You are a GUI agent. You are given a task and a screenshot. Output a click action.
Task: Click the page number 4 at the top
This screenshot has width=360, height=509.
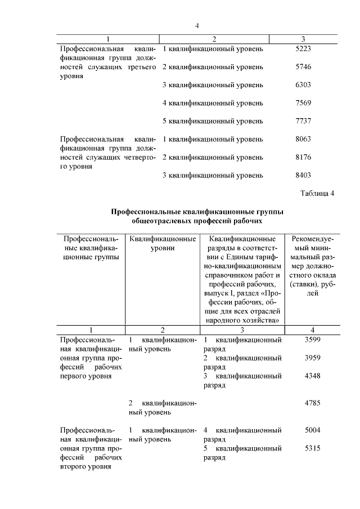[197, 25]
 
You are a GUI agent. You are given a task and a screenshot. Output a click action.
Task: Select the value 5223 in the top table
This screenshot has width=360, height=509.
[303, 49]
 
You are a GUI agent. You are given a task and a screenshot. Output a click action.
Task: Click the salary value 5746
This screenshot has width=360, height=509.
[303, 67]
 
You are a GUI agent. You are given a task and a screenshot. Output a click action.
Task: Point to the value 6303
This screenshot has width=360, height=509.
[303, 85]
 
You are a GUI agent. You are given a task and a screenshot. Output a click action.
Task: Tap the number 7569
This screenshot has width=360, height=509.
[303, 103]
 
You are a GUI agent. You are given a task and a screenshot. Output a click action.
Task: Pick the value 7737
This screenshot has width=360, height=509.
[303, 121]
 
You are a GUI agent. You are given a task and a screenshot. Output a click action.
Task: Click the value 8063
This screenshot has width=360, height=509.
[303, 139]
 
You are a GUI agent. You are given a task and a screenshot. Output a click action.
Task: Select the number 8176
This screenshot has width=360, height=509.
[303, 157]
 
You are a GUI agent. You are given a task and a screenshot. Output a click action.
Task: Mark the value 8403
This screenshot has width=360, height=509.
[303, 175]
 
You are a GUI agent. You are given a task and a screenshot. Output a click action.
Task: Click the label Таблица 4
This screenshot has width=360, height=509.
[318, 193]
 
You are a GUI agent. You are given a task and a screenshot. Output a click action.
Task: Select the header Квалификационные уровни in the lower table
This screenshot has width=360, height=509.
[163, 243]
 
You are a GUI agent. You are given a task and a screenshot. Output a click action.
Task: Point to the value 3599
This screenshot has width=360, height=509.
[313, 340]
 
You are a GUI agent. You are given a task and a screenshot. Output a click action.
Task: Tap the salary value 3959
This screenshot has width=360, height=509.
[313, 358]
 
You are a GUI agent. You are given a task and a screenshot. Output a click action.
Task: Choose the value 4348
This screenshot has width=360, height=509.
[313, 376]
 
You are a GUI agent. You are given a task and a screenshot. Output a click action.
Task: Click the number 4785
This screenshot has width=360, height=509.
[313, 403]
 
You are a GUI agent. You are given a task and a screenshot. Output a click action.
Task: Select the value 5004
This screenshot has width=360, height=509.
[313, 430]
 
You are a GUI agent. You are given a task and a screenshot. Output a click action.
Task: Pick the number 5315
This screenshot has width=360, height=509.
[313, 448]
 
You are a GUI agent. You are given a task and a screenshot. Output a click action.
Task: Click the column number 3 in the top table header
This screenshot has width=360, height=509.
[303, 39]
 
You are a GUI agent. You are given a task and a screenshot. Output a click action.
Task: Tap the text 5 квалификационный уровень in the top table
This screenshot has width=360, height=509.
[213, 121]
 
